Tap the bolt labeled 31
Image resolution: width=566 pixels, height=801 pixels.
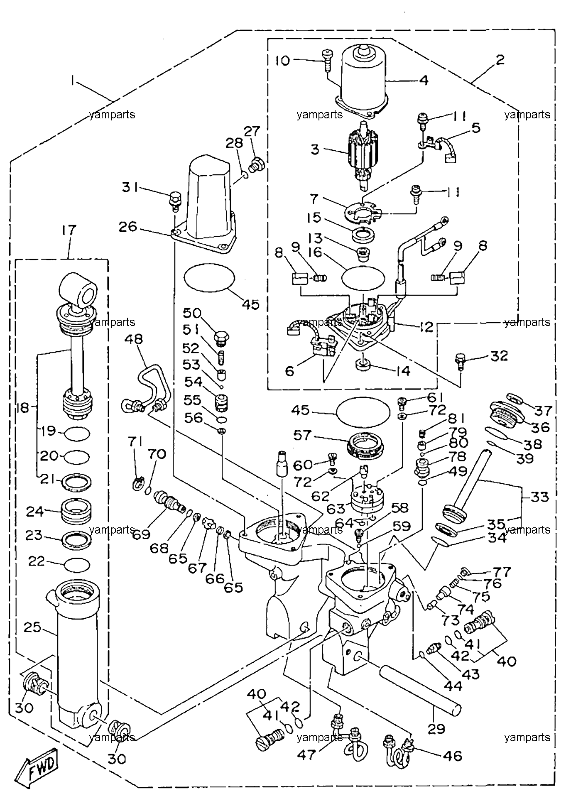(175, 201)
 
